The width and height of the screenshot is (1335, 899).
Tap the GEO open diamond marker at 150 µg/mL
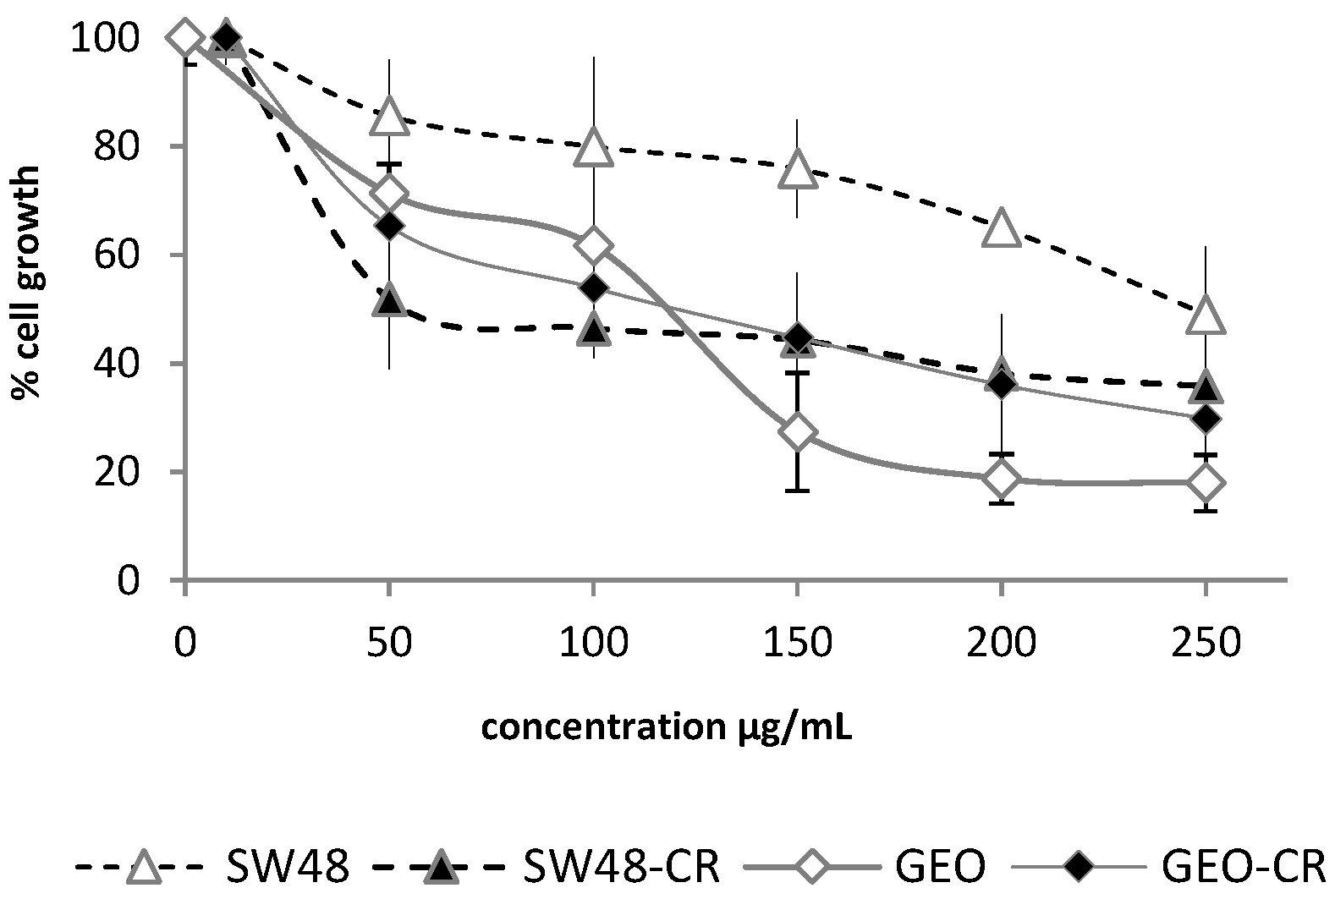797,431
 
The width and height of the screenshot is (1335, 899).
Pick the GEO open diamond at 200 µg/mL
1002,479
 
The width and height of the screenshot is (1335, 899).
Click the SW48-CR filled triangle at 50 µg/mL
389,299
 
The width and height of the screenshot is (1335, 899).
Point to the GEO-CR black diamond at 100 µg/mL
593,288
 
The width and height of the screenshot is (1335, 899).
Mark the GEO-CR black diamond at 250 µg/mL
1206,418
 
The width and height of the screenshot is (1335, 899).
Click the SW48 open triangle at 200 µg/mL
1002,228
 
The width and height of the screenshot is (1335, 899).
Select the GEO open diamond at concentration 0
185,38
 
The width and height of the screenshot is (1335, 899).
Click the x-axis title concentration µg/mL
667,727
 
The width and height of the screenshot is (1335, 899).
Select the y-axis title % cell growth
27,283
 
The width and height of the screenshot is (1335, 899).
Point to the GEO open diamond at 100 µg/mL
593,245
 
